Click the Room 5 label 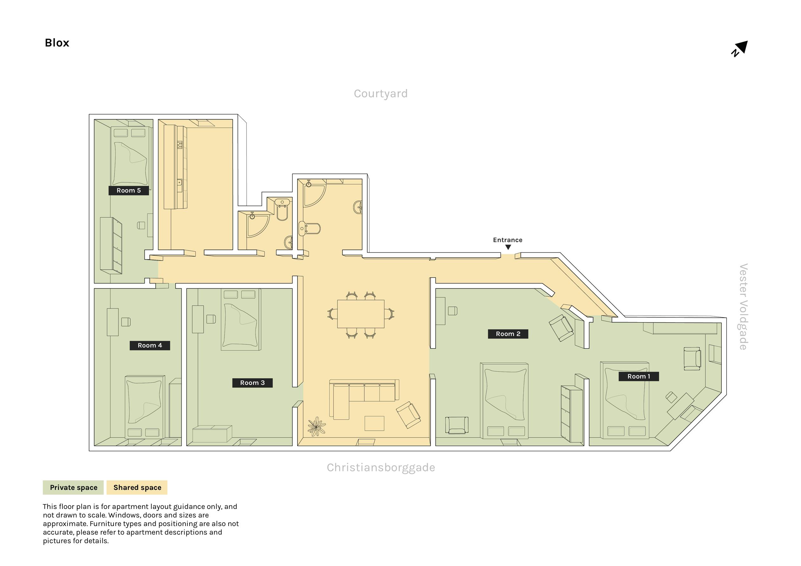tap(129, 191)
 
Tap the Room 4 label tap(150, 345)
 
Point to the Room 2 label tap(508, 334)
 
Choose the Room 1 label tap(639, 376)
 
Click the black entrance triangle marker tap(508, 247)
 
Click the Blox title tap(57, 43)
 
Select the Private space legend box tap(73, 487)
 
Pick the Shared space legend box tap(137, 487)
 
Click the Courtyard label tap(381, 94)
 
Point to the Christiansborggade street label tap(381, 468)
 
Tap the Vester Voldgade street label tap(743, 307)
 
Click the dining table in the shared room tap(361, 314)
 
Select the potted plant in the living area tap(316, 426)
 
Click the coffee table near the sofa tap(374, 423)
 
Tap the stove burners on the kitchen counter tap(180, 145)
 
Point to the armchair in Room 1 tap(692, 358)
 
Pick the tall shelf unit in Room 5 tap(111, 245)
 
